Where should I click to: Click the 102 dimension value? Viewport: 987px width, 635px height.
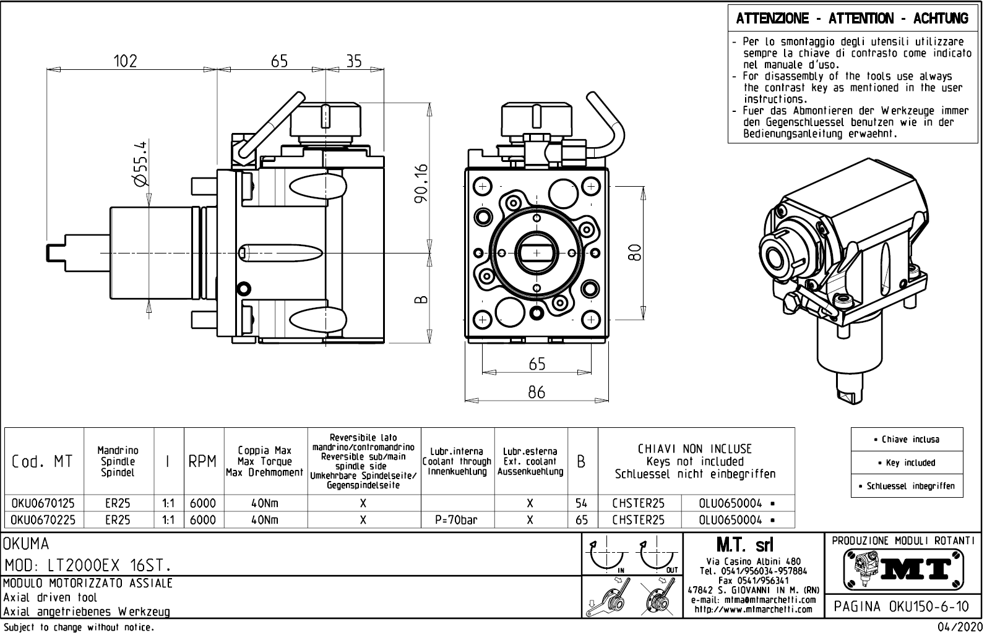pos(125,61)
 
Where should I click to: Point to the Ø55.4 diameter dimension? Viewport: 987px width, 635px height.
pos(140,163)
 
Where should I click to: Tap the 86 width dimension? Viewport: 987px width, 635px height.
pos(537,392)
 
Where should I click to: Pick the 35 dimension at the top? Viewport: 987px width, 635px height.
pos(354,61)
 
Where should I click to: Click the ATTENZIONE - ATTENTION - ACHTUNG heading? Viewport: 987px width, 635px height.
pos(852,19)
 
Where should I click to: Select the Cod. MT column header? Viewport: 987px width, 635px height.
pos(42,462)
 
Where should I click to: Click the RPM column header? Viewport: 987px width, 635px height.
pos(202,462)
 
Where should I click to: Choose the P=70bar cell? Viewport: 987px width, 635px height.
pos(457,520)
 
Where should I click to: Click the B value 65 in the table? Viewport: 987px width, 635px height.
pos(582,520)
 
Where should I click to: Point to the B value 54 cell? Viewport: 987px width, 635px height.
pos(582,503)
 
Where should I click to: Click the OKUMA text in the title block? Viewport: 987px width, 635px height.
pos(26,544)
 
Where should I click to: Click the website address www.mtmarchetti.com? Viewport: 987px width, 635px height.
pos(753,610)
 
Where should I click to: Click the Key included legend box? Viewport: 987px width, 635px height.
pos(907,462)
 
